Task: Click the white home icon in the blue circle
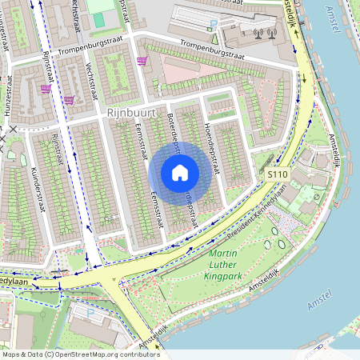pos(180,173)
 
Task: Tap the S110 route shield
pos(278,174)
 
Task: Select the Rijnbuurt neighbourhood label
pos(131,114)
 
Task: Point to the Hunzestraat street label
pos(10,95)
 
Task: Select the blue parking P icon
pos(214,29)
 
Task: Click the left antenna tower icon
pos(258,34)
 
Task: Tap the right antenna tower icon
pos(271,34)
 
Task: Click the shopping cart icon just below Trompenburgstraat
pos(142,61)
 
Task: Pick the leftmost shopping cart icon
pos(45,89)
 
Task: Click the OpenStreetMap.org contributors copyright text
pos(80,354)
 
